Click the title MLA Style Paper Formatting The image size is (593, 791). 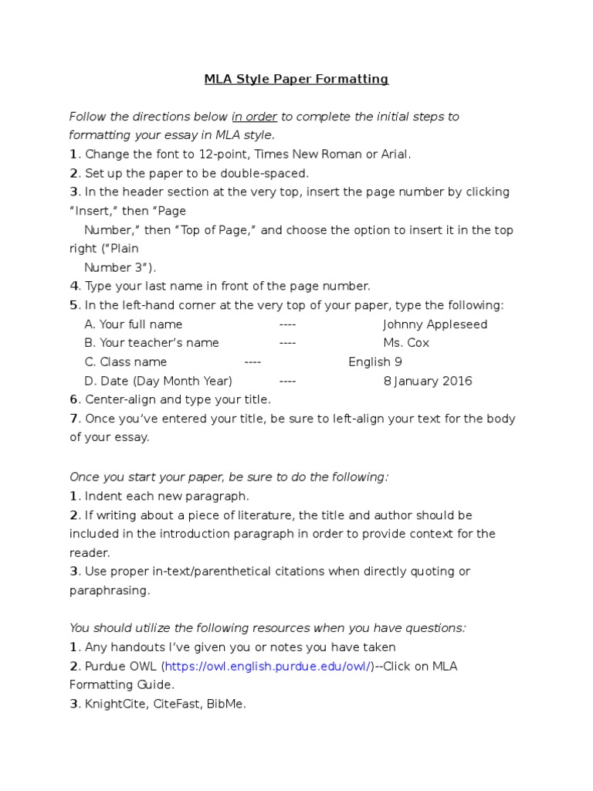click(296, 79)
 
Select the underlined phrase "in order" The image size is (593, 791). click(254, 117)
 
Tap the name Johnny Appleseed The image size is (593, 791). click(435, 324)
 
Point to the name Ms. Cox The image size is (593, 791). click(406, 343)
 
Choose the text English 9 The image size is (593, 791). click(375, 362)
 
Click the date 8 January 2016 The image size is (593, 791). click(428, 381)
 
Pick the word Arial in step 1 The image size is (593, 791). click(395, 154)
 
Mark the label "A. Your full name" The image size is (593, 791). click(134, 324)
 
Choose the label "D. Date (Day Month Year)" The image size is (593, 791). click(158, 381)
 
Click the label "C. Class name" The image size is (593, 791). click(126, 362)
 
